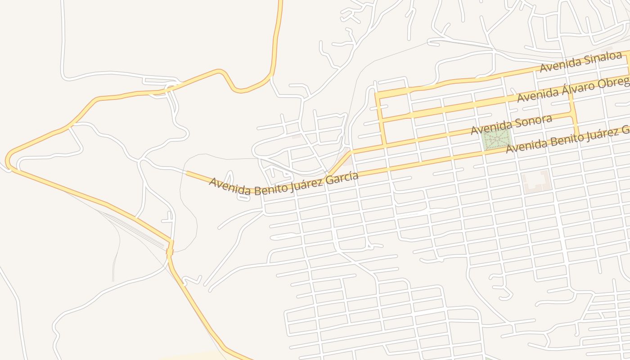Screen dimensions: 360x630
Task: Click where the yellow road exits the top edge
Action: click(280, 2)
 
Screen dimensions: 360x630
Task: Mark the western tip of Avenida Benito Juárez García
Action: click(186, 172)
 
